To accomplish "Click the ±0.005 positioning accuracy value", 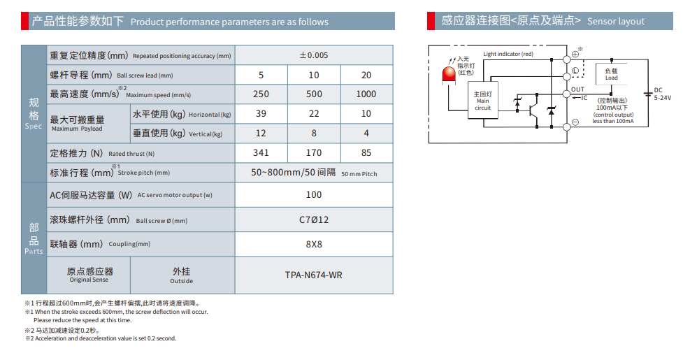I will pos(314,55).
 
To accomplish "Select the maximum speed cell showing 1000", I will pos(366,94).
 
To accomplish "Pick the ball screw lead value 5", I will pos(261,75).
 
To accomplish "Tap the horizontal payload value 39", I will pos(261,114).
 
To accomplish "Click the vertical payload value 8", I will pos(314,134).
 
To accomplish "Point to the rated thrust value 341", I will pos(261,152).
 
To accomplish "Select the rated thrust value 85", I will pos(366,152).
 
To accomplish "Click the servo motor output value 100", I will pos(314,195).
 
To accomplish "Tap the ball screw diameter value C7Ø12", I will pos(314,219).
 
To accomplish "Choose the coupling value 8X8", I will pos(314,245).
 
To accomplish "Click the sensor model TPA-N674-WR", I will pos(314,275).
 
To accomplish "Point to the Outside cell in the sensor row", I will pos(181,275).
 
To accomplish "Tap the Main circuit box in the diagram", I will pos(483,101).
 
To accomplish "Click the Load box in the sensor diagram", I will pos(611,74).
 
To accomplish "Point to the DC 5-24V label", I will pos(661,94).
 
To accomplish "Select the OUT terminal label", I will pos(577,89).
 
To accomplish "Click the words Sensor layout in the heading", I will pos(616,22).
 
